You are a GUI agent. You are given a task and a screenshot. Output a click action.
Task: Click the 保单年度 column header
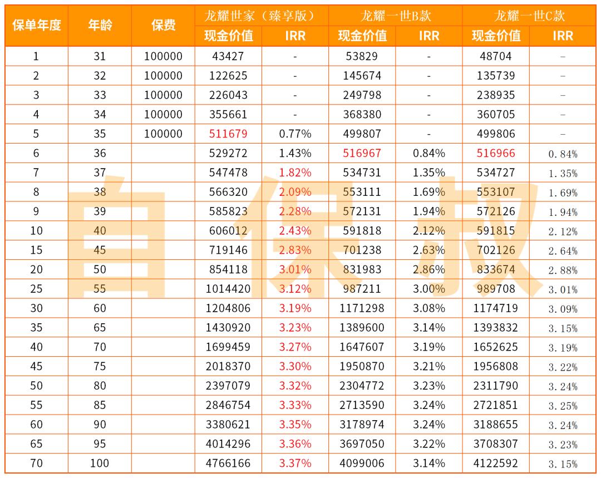(x=36, y=26)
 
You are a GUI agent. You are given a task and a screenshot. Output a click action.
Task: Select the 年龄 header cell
(x=100, y=26)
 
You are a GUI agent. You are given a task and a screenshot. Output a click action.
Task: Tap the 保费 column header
(x=163, y=26)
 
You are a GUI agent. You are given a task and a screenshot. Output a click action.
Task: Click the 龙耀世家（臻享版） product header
(x=262, y=16)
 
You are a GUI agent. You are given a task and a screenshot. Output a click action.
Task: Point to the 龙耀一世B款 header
(x=395, y=16)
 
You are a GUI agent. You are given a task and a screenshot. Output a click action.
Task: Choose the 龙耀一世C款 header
(x=529, y=16)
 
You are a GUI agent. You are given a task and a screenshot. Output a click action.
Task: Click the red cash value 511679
(x=228, y=134)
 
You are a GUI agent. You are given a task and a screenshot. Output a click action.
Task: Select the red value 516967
(x=362, y=153)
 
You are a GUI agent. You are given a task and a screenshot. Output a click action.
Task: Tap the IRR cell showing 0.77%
(x=295, y=134)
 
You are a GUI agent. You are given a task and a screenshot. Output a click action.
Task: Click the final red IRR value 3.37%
(x=295, y=463)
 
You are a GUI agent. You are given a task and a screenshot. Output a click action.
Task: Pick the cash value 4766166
(x=228, y=463)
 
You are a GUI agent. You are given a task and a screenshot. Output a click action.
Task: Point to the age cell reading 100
(x=100, y=463)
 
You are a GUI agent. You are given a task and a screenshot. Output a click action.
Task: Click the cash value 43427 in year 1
(x=228, y=56)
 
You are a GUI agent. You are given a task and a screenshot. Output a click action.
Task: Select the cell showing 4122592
(x=496, y=463)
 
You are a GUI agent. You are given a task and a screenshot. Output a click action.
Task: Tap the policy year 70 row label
(x=36, y=463)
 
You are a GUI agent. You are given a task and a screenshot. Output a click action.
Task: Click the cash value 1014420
(x=228, y=289)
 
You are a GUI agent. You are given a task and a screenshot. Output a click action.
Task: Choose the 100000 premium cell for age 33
(x=163, y=95)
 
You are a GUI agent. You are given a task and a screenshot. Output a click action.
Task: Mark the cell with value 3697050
(x=362, y=444)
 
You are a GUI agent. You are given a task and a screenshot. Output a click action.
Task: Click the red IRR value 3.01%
(x=295, y=269)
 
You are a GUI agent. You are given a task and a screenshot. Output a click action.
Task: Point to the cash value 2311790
(x=496, y=386)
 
